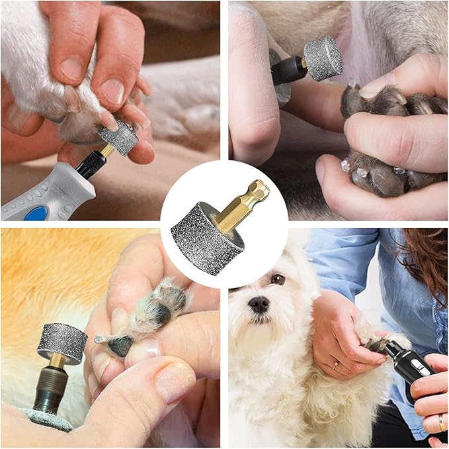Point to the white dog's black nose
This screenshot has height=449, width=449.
click(258, 304)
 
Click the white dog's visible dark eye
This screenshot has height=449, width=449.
click(278, 279)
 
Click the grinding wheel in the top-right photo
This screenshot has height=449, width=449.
click(323, 58)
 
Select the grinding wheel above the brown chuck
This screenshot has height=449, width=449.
click(61, 342)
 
